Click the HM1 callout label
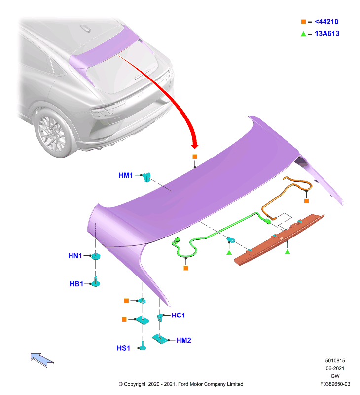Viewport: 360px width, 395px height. coord(125,175)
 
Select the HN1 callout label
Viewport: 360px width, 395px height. coord(75,256)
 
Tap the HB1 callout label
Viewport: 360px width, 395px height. coord(76,284)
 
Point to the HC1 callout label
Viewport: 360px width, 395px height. coord(178,315)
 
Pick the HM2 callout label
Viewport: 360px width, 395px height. coord(183,340)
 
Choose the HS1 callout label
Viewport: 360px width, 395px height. coord(123,348)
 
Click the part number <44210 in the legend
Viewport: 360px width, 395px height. coord(326,22)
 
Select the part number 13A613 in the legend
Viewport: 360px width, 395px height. coord(327,33)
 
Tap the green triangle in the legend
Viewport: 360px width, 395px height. coord(303,34)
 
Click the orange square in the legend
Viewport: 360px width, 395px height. coord(303,22)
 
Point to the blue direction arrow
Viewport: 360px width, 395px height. coord(42,360)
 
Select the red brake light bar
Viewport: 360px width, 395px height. coord(279,239)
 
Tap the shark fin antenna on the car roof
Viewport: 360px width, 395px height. coord(85,28)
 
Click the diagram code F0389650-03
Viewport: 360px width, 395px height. coord(335,384)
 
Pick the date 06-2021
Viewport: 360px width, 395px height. coord(335,368)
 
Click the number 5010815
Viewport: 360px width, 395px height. coord(335,361)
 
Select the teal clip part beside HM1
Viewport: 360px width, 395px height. coord(146,177)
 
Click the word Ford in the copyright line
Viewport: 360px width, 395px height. coord(183,384)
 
